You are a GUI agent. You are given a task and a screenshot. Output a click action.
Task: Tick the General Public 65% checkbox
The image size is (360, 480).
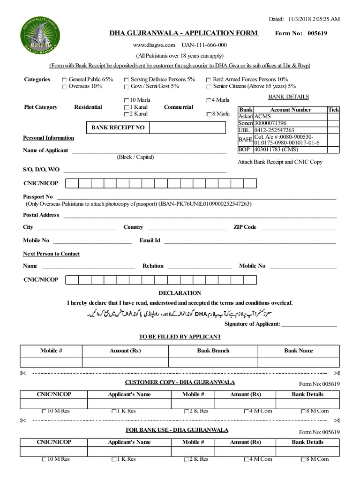point(64,80)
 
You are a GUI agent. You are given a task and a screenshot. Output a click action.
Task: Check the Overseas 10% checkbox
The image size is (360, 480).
point(64,87)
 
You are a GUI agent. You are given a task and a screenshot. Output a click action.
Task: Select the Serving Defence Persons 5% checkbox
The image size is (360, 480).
point(126,80)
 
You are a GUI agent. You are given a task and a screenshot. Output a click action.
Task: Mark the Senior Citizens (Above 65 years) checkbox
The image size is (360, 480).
point(209,87)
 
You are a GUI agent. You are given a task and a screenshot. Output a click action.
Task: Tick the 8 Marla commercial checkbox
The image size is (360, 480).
point(209,114)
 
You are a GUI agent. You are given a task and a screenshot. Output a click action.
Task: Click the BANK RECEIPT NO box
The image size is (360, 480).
point(118,127)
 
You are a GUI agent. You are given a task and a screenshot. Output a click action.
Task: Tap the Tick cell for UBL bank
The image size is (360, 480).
point(333,130)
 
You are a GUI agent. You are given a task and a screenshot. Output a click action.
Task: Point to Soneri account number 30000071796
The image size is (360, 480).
point(270,123)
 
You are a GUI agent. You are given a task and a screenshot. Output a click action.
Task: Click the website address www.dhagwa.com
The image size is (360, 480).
point(154,45)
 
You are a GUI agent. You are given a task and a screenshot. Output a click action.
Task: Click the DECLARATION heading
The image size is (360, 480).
point(180,293)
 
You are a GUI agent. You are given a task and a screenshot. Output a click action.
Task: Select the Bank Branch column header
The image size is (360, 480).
point(213,351)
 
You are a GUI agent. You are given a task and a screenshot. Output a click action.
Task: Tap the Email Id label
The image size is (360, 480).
point(150,240)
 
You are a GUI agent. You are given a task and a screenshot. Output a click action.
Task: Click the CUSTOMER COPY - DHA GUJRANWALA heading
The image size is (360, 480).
point(180,382)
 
